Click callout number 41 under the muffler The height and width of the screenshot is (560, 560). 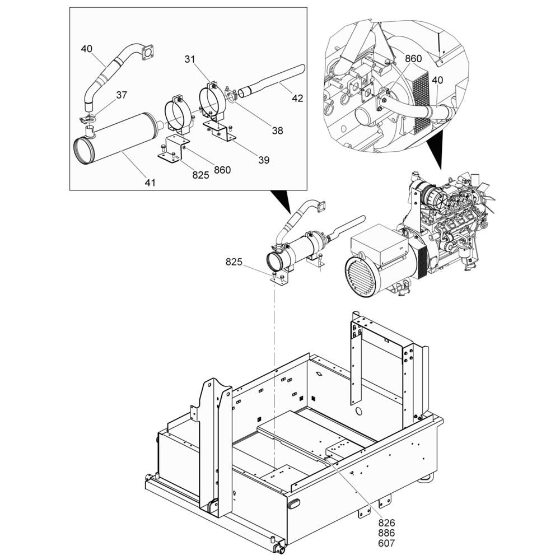(x=150, y=183)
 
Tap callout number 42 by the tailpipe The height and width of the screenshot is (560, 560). (x=297, y=98)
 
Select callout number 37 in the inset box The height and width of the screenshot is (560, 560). (x=122, y=95)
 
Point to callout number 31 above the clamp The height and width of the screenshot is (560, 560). (x=190, y=59)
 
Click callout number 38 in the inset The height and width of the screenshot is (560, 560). (x=278, y=130)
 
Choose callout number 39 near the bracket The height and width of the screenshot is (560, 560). (x=264, y=160)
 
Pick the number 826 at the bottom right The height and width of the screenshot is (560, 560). (x=386, y=523)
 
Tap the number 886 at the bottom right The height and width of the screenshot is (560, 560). (x=386, y=533)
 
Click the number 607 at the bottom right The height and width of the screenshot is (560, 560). (x=386, y=544)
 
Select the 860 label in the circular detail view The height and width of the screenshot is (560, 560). (x=413, y=59)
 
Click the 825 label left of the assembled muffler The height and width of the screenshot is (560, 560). (x=234, y=262)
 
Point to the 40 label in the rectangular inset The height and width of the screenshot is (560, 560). (x=86, y=49)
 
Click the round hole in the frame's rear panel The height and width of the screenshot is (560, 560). (x=358, y=411)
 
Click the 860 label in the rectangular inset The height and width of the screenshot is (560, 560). (x=222, y=170)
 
